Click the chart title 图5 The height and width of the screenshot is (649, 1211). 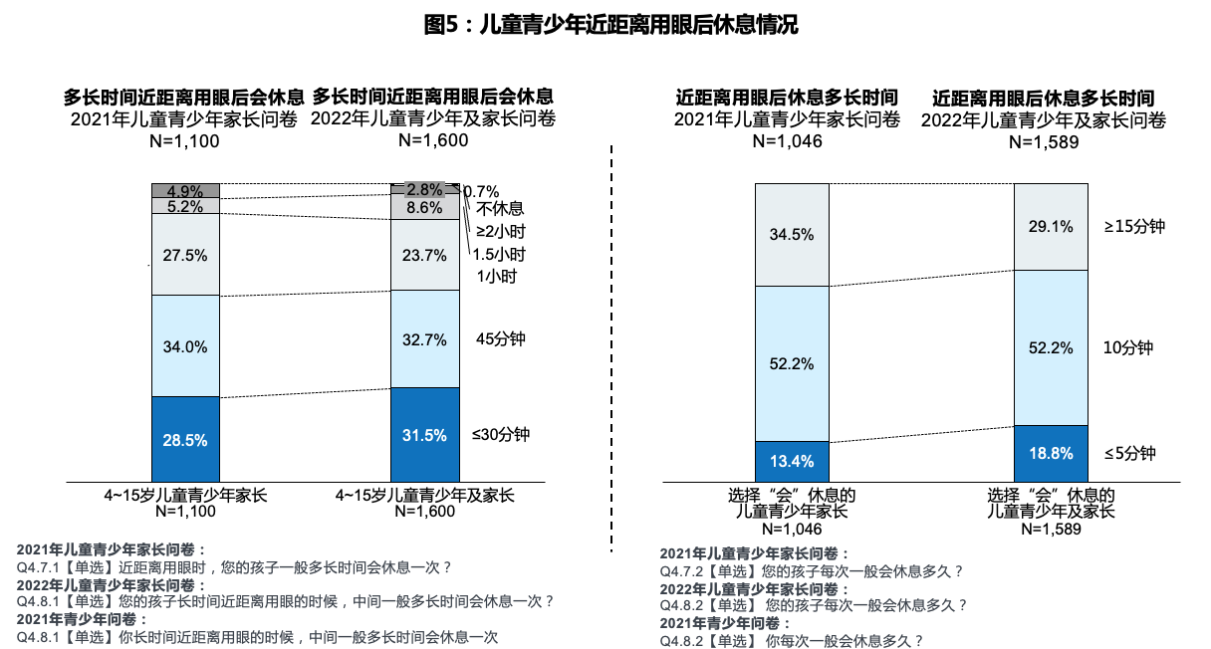tap(610, 25)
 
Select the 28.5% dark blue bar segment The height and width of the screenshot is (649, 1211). tap(186, 439)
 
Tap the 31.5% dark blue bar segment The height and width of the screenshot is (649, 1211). tap(425, 434)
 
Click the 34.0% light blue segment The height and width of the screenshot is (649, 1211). tap(186, 346)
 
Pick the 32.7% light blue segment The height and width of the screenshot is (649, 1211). tap(425, 338)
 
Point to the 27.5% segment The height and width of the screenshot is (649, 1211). tap(186, 255)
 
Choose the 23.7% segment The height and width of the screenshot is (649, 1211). tap(425, 255)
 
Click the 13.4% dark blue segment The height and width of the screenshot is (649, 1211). tap(792, 460)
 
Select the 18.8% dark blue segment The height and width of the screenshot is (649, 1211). tap(1050, 453)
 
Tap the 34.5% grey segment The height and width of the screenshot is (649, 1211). tap(792, 235)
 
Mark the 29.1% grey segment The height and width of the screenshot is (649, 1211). tap(1050, 227)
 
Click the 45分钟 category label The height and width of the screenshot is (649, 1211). tap(500, 338)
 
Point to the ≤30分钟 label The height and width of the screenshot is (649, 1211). tap(501, 434)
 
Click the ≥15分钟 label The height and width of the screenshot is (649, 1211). tap(1134, 226)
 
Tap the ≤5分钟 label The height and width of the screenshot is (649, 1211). tap(1130, 453)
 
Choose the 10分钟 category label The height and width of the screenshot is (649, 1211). tap(1128, 347)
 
